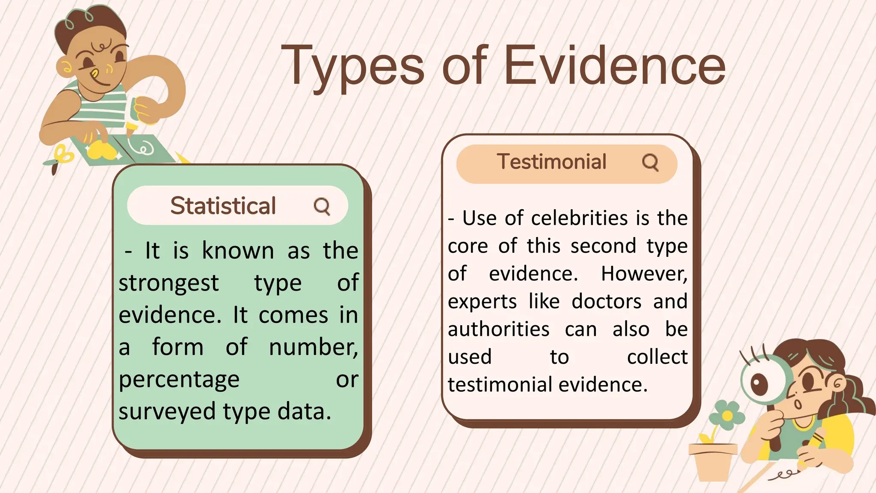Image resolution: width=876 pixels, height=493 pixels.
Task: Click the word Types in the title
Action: (352, 66)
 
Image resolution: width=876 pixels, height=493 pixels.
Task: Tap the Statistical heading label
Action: (223, 206)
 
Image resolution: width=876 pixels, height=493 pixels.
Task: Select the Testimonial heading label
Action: (551, 162)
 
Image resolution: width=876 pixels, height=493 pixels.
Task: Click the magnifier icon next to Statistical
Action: (322, 206)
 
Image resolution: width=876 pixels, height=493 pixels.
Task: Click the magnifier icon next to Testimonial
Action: (650, 163)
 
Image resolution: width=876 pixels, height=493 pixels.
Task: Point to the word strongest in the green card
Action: (169, 283)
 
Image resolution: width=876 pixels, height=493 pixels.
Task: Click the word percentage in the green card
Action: (179, 380)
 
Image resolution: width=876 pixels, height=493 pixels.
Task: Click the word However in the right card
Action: (644, 274)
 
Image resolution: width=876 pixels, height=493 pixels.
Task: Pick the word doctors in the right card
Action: (607, 301)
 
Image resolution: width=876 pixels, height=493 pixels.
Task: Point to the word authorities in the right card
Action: (498, 330)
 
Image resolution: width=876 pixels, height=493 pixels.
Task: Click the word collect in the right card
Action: (657, 357)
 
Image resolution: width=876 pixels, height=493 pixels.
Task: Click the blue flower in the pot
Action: (726, 414)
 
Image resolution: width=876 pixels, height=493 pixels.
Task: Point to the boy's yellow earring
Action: (66, 68)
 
